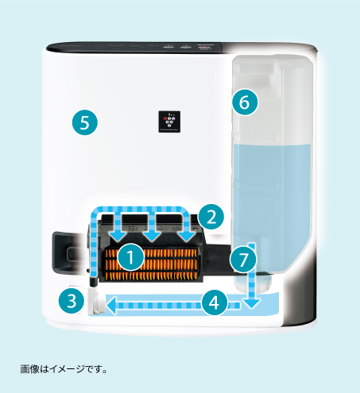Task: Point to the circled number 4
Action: coord(211,302)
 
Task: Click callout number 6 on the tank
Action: coord(245,102)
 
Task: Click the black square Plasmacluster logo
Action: coord(172,121)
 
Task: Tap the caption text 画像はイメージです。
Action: coord(63,368)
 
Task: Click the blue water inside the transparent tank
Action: coord(270,191)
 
